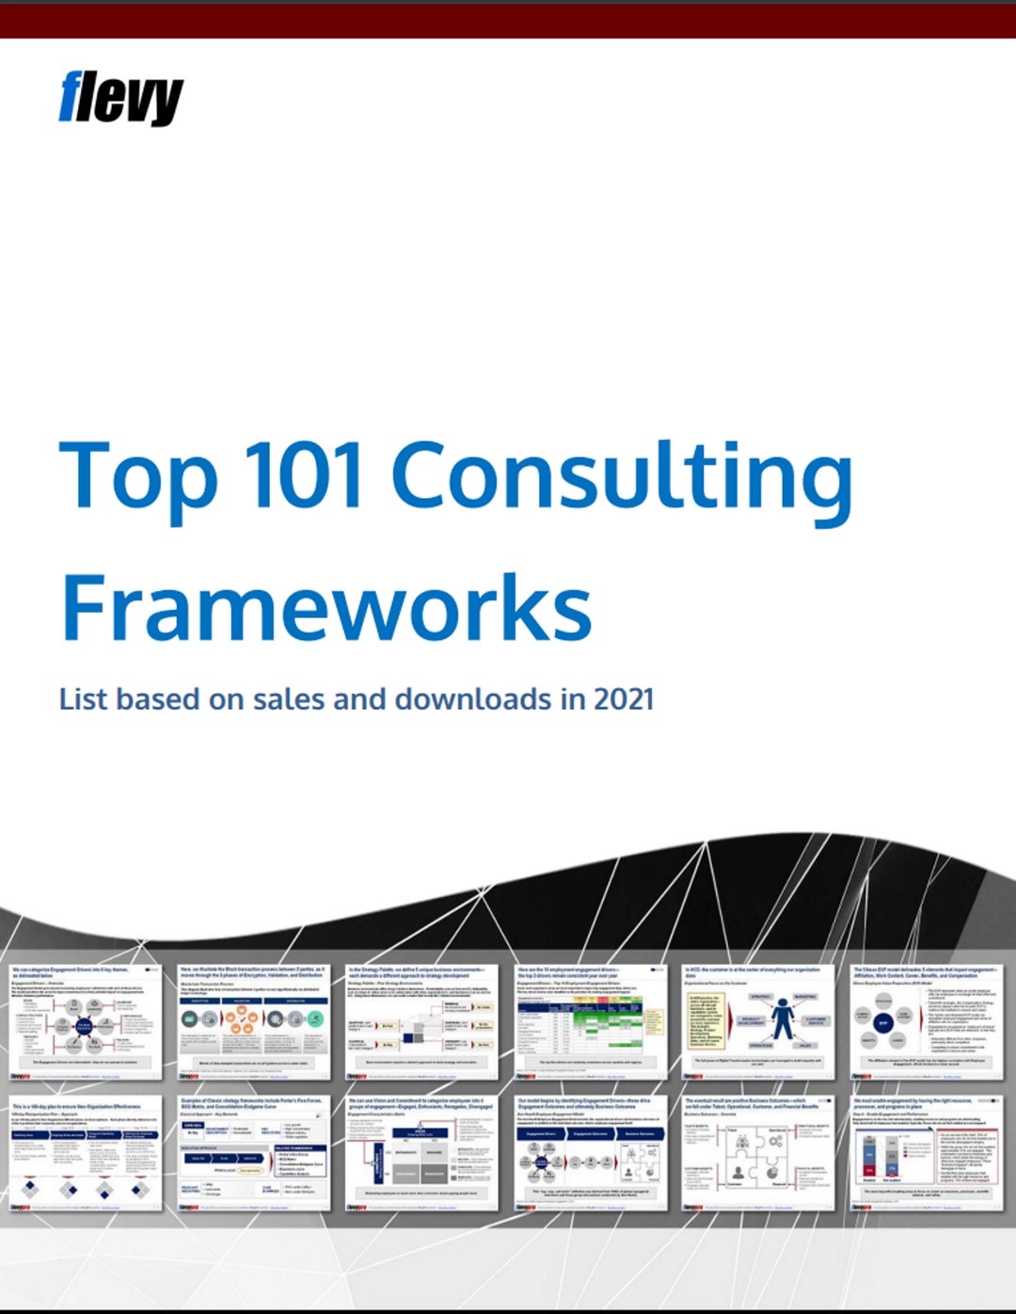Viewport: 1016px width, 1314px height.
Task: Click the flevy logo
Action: point(120,98)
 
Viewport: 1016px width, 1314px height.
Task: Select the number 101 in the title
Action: point(304,475)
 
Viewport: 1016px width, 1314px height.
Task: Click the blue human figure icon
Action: point(782,1021)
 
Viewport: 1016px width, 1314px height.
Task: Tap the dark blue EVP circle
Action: point(882,1022)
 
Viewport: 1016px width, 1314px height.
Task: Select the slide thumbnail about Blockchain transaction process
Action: point(253,1022)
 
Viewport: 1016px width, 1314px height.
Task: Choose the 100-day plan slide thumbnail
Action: point(85,1153)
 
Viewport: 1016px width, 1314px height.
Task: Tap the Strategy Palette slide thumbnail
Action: point(421,1022)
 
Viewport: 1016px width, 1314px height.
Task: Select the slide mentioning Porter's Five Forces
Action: point(253,1153)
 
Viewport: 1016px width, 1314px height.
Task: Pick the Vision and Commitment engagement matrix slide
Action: point(421,1153)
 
